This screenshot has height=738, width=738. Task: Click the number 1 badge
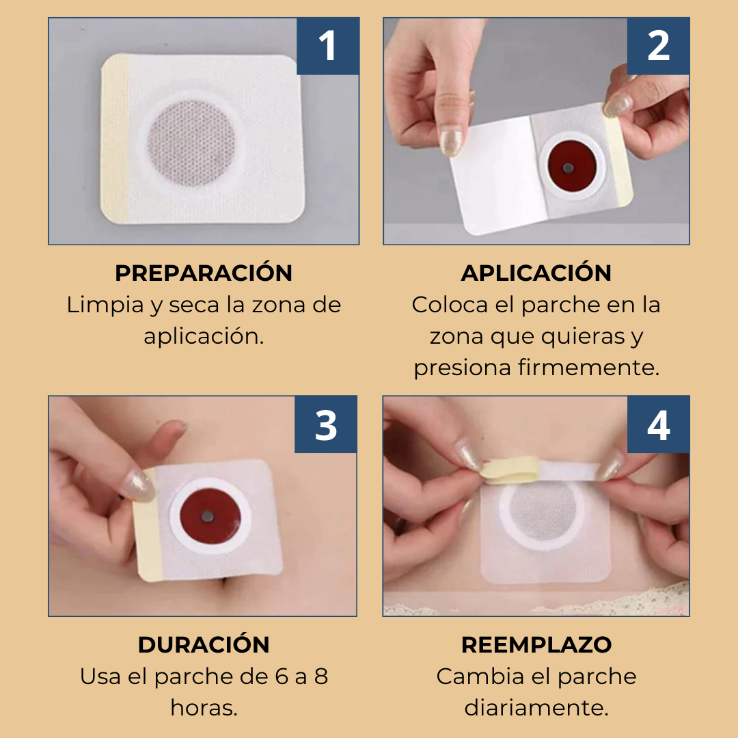tap(328, 46)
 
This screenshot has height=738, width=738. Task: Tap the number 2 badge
tap(658, 46)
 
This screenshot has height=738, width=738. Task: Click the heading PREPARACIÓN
tap(204, 273)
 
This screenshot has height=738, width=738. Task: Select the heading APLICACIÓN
tap(536, 273)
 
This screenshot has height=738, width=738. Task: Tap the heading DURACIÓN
tap(204, 644)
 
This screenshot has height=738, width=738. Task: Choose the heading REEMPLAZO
tap(536, 644)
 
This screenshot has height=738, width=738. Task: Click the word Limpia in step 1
tap(105, 305)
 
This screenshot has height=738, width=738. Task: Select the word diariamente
tap(536, 708)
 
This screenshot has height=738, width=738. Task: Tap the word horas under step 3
tap(204, 708)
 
